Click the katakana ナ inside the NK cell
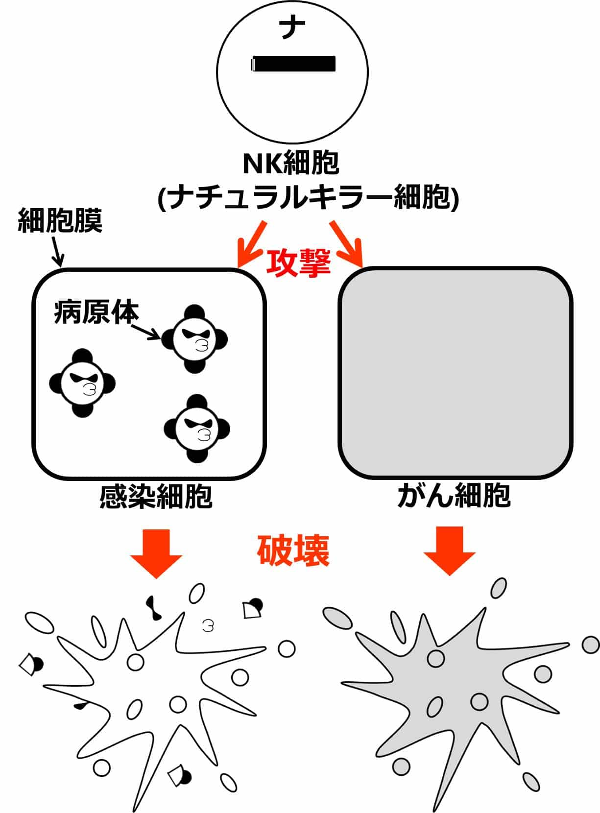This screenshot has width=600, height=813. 292,28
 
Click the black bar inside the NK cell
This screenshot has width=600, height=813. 293,63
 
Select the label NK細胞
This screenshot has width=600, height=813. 291,164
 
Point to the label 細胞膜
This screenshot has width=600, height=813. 60,221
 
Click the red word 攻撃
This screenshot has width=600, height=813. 298,263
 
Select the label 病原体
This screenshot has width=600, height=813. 96,312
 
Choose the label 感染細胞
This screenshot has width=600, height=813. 156,497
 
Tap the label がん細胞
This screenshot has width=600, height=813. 454,496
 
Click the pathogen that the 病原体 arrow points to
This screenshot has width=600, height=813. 194,339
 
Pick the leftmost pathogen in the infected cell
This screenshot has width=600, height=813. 82,383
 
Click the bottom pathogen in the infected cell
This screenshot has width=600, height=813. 197,429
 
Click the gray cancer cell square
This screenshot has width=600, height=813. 455,373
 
